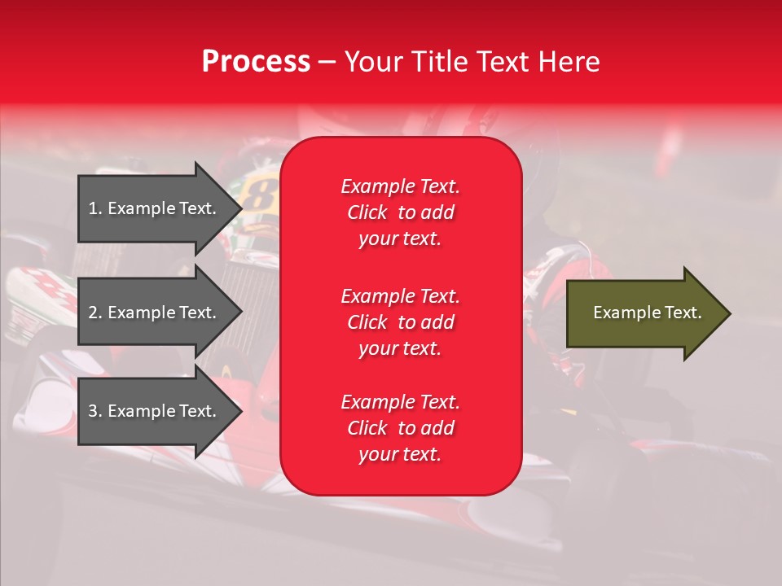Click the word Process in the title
tap(256, 62)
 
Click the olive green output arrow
tap(644, 313)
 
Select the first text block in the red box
tap(400, 212)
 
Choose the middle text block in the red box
tap(400, 322)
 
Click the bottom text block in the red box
tap(400, 428)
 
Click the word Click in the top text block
tap(367, 212)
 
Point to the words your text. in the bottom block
tap(400, 455)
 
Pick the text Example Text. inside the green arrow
tap(647, 313)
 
